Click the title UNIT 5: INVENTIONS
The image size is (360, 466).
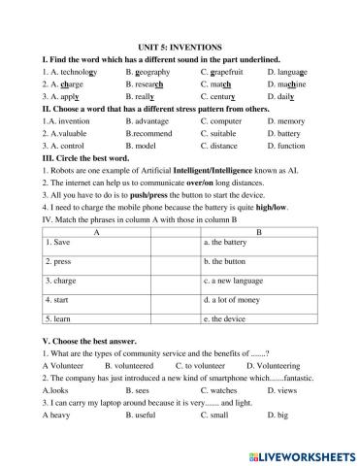pos(180,47)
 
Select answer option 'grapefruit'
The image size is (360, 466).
pos(226,71)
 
